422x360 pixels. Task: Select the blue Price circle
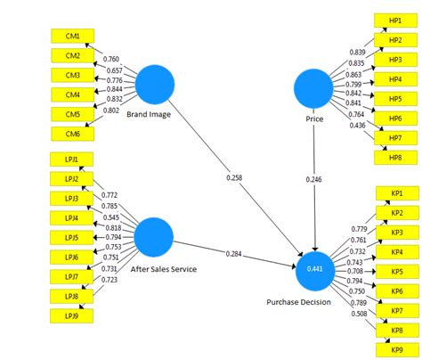(314, 92)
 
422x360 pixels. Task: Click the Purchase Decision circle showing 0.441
(316, 269)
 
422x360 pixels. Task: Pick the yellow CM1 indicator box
(73, 37)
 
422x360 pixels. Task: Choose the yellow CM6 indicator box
(73, 133)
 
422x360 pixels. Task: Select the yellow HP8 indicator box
(394, 157)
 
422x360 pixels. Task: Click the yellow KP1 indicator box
(396, 193)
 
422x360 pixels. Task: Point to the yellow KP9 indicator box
(396, 349)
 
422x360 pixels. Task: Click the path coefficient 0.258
(234, 178)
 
